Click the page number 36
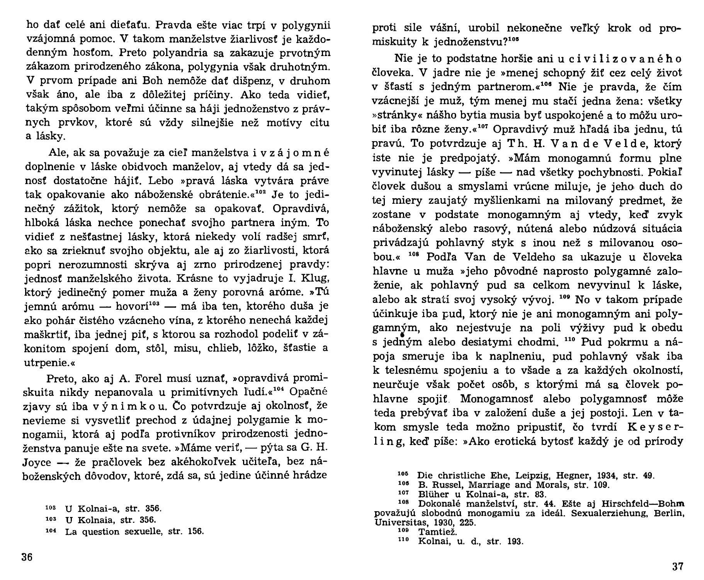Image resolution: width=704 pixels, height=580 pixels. pos(27,557)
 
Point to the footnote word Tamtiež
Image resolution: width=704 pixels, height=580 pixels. pos(432,532)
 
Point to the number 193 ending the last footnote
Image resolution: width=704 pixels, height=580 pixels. pos(515,541)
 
